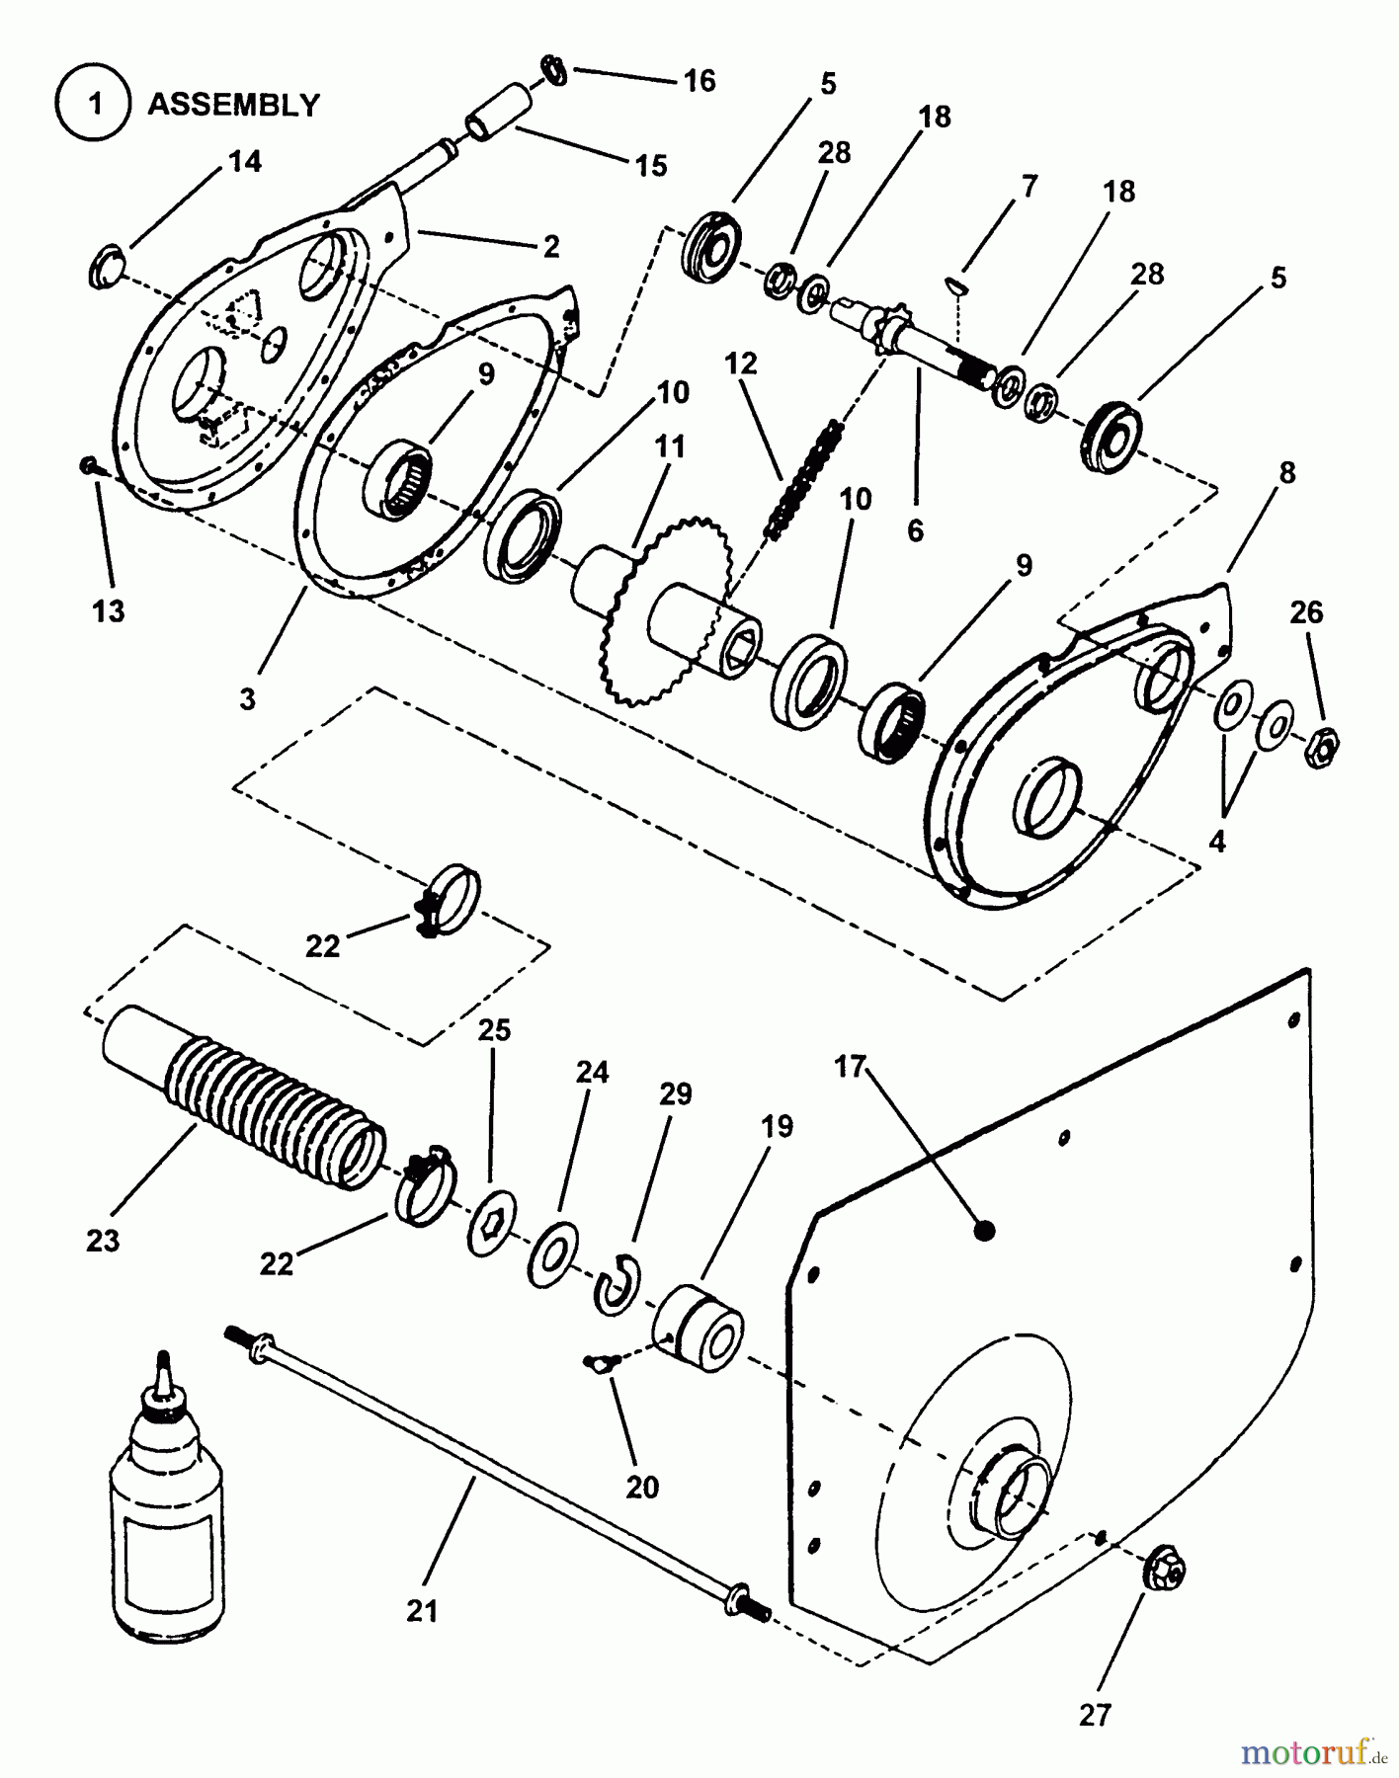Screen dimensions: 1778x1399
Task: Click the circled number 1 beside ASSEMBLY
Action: point(95,104)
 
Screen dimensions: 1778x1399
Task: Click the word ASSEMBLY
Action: point(234,105)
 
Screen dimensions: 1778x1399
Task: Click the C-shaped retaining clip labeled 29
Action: point(618,1284)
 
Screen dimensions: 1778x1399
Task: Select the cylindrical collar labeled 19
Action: point(700,1329)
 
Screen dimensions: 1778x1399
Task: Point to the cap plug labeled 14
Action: point(106,269)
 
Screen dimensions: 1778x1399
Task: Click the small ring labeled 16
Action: point(554,71)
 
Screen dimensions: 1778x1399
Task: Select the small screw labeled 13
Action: point(88,463)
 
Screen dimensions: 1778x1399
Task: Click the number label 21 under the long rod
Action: point(421,1611)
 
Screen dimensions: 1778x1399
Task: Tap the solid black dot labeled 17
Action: point(984,1230)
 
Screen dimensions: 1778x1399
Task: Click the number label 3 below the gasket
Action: point(247,698)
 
